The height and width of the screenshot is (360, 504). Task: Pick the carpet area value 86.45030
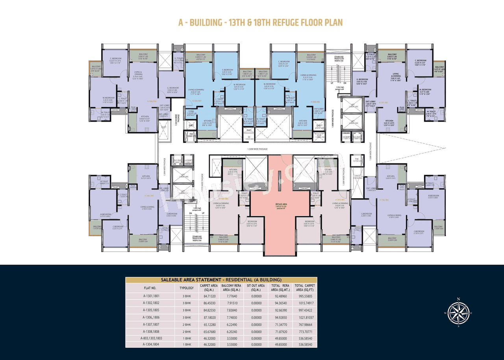[x=209, y=303]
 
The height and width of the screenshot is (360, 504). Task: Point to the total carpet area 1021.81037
[x=305, y=317]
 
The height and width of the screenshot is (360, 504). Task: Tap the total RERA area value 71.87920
[x=281, y=331]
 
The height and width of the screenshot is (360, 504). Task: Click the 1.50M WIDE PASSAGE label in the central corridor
[x=258, y=149]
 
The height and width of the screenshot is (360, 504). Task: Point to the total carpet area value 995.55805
[x=305, y=296]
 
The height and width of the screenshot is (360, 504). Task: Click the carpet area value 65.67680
[x=209, y=331]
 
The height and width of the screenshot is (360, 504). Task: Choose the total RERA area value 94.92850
[x=281, y=317]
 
